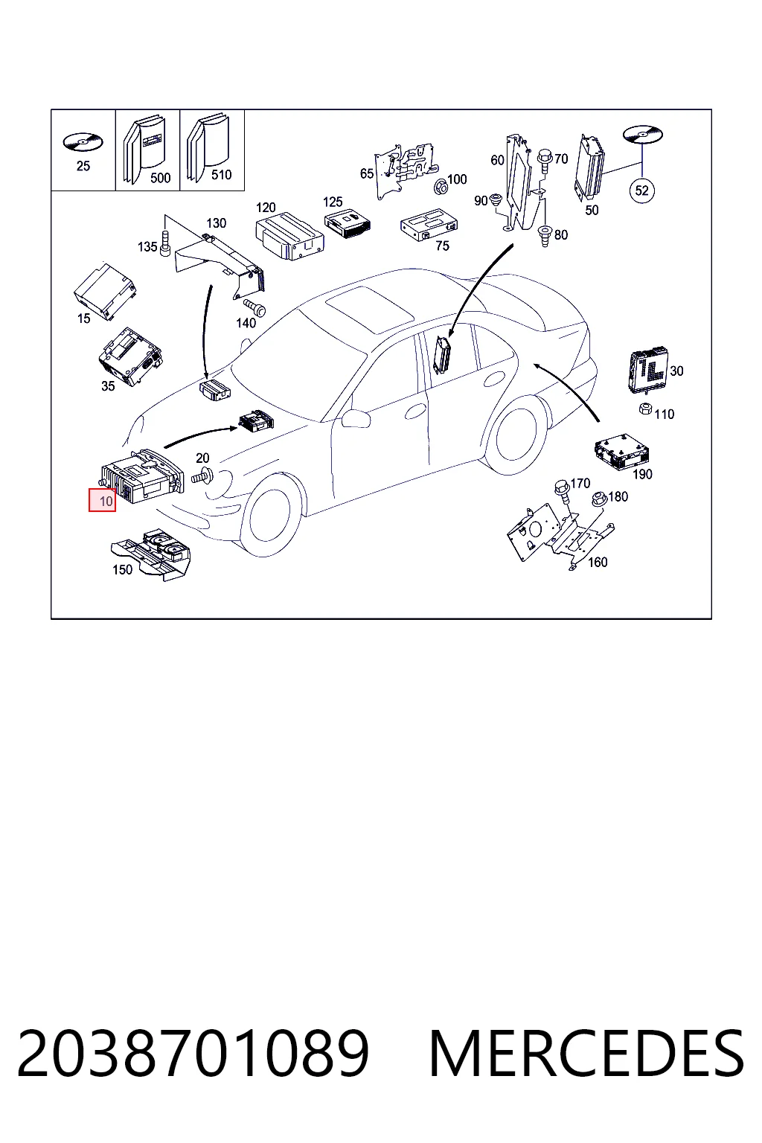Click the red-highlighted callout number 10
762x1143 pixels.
point(102,501)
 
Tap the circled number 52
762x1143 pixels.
point(641,190)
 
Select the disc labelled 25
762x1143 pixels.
point(83,141)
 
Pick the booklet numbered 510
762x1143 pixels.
point(208,147)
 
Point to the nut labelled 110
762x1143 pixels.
point(645,409)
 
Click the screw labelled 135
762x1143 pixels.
point(165,243)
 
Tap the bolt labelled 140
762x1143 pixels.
point(254,307)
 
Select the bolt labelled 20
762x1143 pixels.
point(203,476)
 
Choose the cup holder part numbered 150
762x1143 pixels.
point(151,554)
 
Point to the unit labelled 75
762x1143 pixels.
point(429,223)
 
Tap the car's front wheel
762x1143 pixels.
point(271,511)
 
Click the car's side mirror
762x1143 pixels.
point(356,417)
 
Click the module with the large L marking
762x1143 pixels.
point(647,369)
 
